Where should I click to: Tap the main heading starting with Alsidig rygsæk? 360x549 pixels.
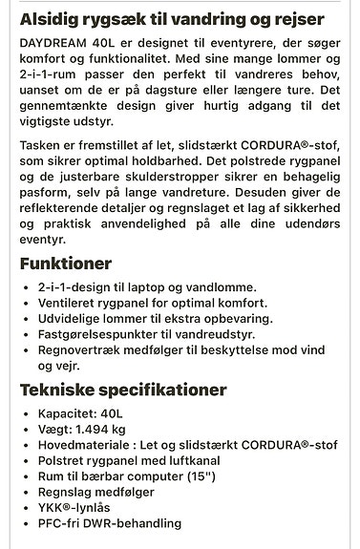pyautogui.click(x=172, y=18)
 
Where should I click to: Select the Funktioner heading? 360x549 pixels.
pyautogui.click(x=66, y=263)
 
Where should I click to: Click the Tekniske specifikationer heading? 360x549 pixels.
pyautogui.click(x=123, y=390)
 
